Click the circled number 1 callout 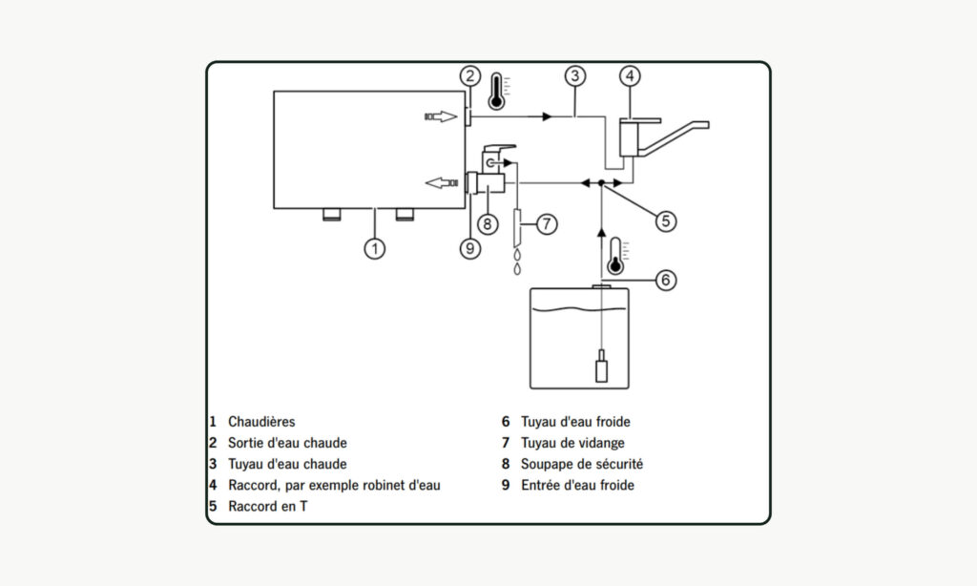[376, 248]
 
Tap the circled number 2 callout [468, 75]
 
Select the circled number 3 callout [573, 75]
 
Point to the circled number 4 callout [630, 75]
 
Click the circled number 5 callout [666, 220]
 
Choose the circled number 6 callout [666, 280]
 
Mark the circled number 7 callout [546, 223]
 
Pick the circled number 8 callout [487, 223]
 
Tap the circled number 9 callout [468, 248]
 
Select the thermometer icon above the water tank [616, 255]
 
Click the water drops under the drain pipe [517, 262]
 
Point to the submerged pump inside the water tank [600, 367]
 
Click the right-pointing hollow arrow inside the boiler [441, 116]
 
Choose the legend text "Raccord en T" [267, 507]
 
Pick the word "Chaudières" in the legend [261, 421]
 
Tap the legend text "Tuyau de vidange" [572, 443]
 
